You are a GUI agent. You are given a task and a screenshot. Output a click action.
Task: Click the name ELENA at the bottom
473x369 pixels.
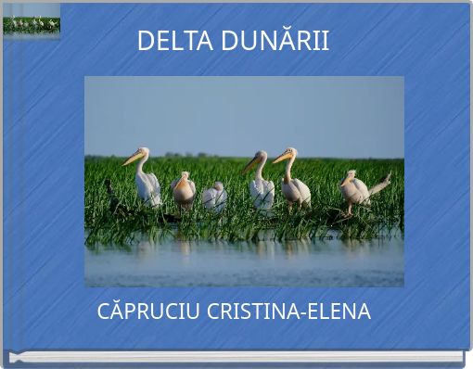(x=338, y=312)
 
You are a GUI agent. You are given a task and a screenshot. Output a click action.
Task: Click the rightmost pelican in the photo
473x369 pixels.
(x=356, y=189)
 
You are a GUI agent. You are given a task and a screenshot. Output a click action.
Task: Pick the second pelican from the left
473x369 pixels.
(x=184, y=190)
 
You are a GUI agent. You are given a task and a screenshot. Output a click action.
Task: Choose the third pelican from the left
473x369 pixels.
(x=214, y=196)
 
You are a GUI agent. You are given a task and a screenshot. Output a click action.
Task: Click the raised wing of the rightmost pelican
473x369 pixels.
(x=379, y=184)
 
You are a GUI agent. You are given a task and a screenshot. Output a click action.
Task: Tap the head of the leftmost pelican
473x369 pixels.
(x=142, y=152)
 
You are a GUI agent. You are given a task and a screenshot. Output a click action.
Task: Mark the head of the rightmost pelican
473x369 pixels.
(x=350, y=174)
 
